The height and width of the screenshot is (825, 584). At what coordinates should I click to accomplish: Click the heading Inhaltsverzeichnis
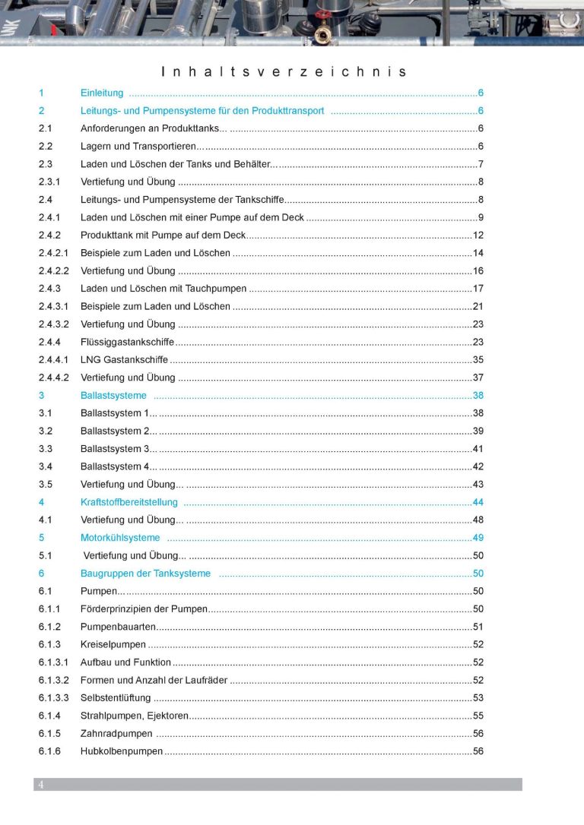pos(284,72)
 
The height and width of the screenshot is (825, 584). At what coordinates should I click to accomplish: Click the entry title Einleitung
pos(102,93)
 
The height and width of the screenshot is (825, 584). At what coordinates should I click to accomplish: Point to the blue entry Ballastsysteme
pos(113,395)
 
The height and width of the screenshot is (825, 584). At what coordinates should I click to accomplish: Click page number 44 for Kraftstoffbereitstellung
pos(478,502)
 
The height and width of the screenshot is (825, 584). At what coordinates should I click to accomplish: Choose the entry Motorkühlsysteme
pos(120,538)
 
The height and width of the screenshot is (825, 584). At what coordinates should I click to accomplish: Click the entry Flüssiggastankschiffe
pos(127,342)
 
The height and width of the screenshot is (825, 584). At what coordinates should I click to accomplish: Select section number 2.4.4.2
pos(54,378)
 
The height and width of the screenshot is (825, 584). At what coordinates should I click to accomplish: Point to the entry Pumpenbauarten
pos(118,627)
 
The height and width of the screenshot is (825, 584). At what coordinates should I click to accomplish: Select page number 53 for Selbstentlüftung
pos(478,697)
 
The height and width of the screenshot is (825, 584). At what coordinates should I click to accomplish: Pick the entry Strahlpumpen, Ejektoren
pos(133,716)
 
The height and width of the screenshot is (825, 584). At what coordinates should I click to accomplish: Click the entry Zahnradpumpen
pos(116,733)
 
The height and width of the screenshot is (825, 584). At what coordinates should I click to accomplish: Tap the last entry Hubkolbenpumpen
pos(122,751)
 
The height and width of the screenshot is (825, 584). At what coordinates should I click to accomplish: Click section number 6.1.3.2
pos(54,680)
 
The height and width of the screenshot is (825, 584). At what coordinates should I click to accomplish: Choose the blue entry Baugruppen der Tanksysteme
pos(145,574)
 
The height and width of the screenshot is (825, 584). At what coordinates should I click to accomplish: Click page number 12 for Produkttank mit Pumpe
pos(478,235)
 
